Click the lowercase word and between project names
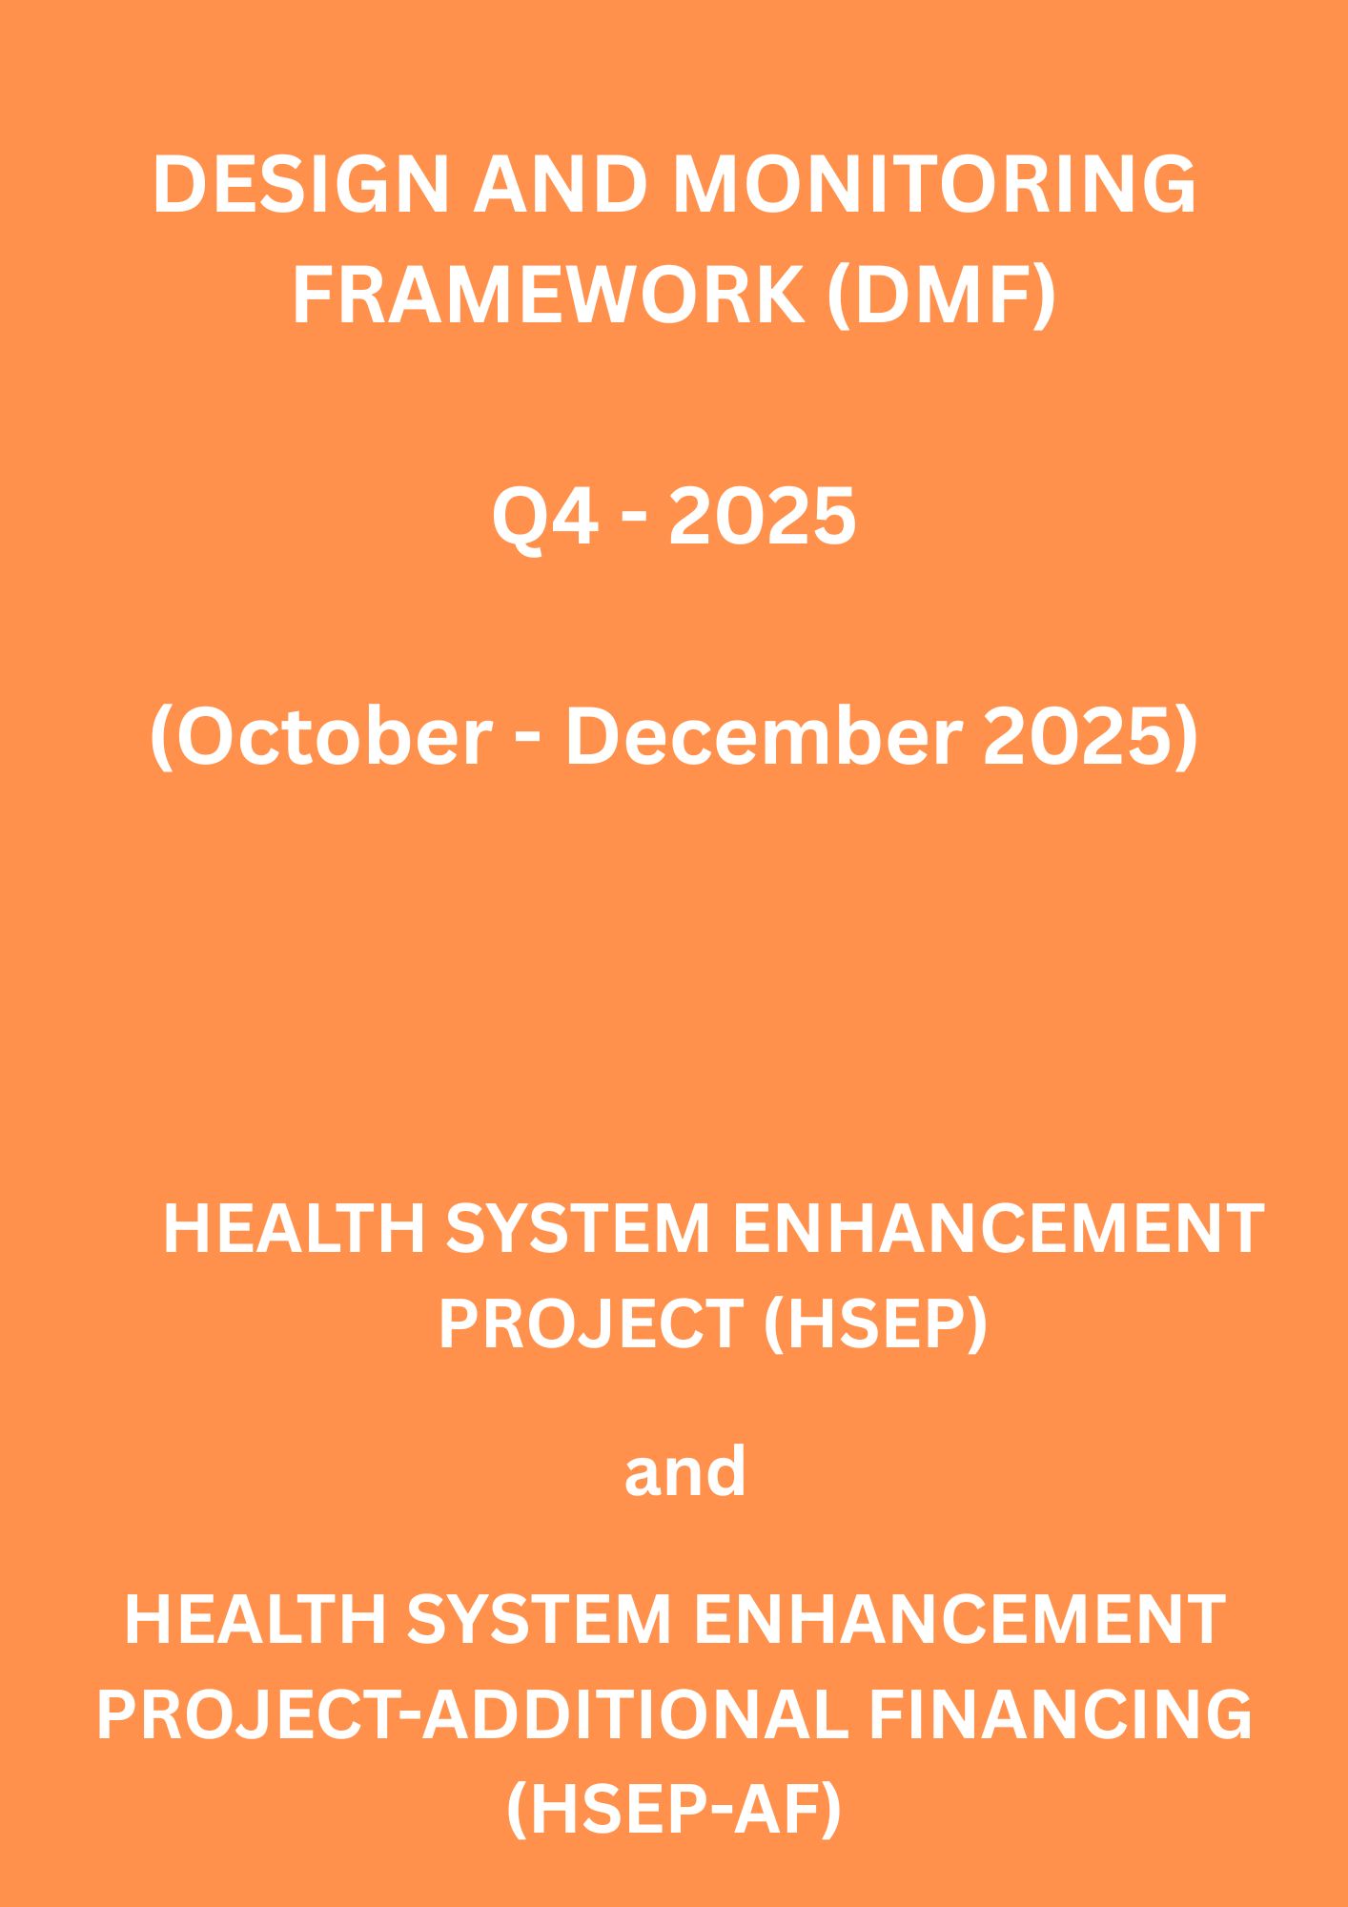pyautogui.click(x=684, y=1471)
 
